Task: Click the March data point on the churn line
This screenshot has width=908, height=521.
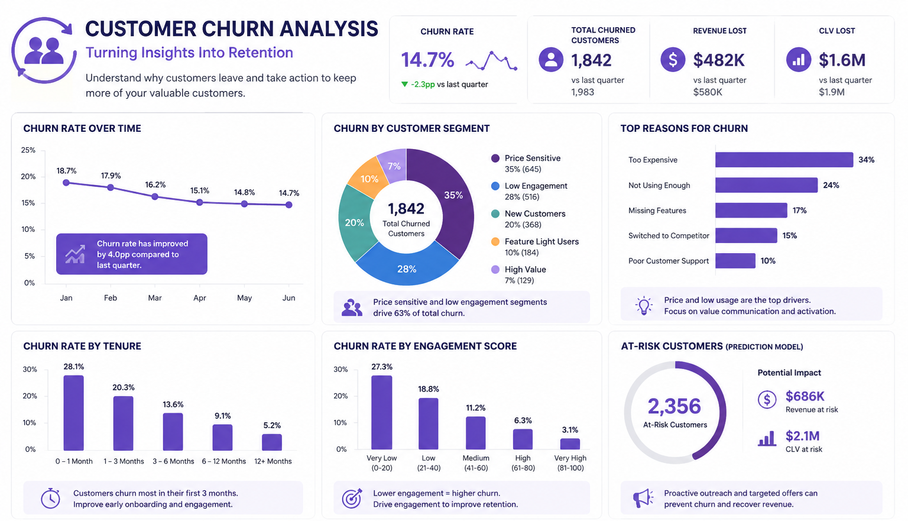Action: pos(155,197)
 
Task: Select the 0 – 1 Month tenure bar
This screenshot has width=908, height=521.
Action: pos(74,413)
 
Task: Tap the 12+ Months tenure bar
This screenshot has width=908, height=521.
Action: pos(271,442)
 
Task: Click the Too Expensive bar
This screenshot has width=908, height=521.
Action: pos(784,160)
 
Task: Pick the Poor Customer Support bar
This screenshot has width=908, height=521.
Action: pos(735,261)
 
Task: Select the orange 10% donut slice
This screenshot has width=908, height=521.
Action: pos(368,177)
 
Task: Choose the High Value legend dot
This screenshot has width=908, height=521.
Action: pos(495,270)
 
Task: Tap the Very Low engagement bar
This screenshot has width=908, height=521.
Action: pos(381,412)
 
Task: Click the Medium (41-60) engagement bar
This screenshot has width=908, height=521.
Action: pos(475,433)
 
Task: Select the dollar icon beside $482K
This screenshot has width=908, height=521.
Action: pos(673,60)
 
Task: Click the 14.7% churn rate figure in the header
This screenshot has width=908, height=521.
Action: pos(427,60)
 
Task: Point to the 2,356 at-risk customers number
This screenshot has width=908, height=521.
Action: pos(674,406)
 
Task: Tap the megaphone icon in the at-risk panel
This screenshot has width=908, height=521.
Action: pos(643,499)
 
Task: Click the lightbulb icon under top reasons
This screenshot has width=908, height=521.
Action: pos(644,306)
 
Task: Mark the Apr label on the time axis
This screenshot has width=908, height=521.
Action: pos(199,298)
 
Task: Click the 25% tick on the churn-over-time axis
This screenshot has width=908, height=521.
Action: pos(28,150)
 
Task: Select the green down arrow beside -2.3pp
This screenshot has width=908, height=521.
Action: pos(404,85)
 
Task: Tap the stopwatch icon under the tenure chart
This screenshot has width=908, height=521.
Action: pos(50,499)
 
